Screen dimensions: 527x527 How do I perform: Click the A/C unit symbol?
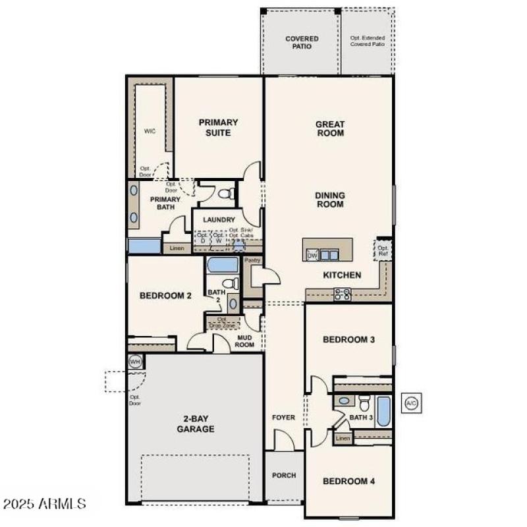click(x=412, y=402)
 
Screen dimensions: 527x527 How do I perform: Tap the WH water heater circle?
click(x=135, y=361)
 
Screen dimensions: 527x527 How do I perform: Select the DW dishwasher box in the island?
click(x=312, y=255)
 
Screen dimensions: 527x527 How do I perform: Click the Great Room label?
click(x=330, y=128)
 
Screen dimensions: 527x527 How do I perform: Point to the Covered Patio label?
click(x=302, y=43)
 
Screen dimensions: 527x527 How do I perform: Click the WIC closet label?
click(x=150, y=131)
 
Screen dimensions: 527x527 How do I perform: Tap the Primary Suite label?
click(x=218, y=127)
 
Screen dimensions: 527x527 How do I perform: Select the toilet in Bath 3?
click(x=364, y=403)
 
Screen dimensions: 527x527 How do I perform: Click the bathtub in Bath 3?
click(x=383, y=412)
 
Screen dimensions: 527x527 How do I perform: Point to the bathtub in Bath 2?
click(x=223, y=265)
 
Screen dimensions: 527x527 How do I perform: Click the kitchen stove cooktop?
click(x=342, y=294)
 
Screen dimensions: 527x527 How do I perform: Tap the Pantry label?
click(x=252, y=260)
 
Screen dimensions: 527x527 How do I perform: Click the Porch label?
click(x=284, y=475)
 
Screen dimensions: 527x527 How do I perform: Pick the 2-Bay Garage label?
click(x=195, y=424)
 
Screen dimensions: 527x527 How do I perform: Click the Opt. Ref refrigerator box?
click(x=383, y=250)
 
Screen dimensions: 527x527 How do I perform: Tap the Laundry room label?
click(x=219, y=219)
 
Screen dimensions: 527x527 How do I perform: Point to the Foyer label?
click(x=284, y=418)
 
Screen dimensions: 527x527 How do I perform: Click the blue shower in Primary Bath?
click(x=144, y=246)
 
